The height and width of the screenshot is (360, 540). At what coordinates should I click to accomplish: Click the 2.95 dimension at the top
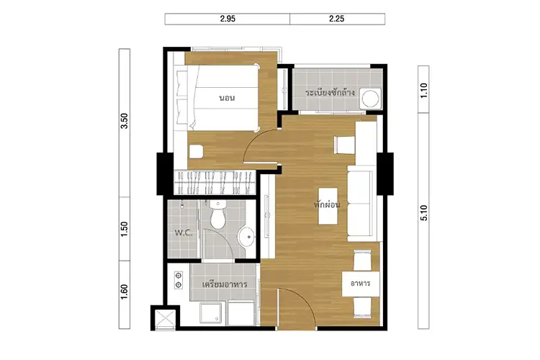(x=228, y=19)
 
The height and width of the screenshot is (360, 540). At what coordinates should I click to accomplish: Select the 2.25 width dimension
(x=336, y=19)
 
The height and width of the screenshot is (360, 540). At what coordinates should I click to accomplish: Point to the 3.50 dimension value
(x=125, y=122)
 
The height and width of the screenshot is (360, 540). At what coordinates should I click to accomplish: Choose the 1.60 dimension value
(x=125, y=293)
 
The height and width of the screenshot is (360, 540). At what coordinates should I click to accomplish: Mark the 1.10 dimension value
(x=423, y=90)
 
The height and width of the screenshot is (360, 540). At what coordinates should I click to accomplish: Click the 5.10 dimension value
(x=423, y=214)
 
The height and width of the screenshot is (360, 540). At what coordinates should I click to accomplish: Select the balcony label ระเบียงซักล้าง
(x=330, y=93)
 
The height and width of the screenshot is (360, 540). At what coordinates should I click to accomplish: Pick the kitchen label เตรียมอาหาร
(x=225, y=284)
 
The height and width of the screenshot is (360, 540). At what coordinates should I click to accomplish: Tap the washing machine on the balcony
(x=371, y=98)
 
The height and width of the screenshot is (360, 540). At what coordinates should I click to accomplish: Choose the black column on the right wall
(x=387, y=174)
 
